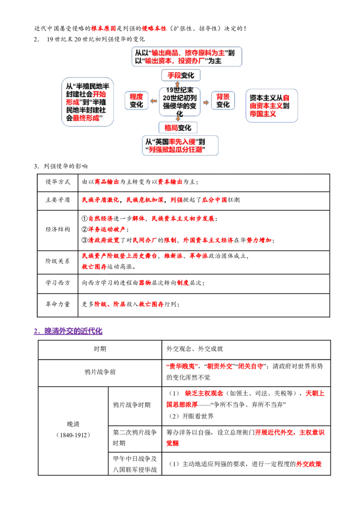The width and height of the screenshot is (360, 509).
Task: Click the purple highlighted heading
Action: tap(68, 332)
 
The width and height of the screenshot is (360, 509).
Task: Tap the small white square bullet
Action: tap(34, 318)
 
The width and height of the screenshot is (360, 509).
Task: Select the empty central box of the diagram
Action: tap(180, 102)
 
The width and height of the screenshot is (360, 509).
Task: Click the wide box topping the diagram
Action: tap(187, 57)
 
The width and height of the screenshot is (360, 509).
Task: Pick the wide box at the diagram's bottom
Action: tap(180, 145)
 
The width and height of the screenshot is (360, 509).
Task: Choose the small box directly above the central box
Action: tap(180, 75)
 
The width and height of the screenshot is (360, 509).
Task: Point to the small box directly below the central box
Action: tap(177, 127)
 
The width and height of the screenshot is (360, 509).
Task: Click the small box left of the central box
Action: tap(136, 100)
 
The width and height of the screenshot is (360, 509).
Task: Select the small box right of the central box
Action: tap(223, 100)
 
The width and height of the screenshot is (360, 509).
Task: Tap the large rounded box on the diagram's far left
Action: tap(88, 102)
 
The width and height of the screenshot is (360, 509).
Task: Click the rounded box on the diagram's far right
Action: tap(271, 105)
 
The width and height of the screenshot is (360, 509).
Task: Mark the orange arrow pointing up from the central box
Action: tap(178, 85)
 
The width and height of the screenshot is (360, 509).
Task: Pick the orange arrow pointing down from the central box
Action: tap(178, 118)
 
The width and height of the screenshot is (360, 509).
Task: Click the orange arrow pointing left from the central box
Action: tap(154, 102)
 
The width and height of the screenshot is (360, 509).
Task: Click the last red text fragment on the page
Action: tap(309, 464)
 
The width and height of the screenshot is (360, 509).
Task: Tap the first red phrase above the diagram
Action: tap(103, 29)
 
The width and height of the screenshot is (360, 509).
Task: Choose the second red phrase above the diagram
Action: tap(154, 29)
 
